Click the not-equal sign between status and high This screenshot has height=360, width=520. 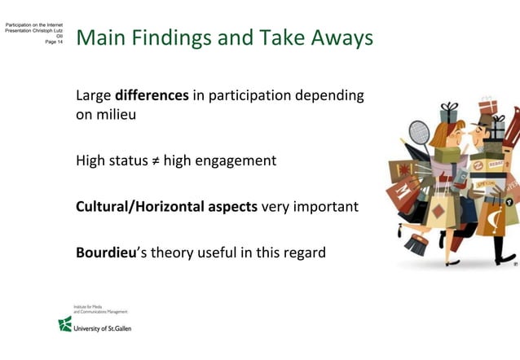[154, 160]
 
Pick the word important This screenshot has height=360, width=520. [326, 207]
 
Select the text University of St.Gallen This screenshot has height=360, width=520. [102, 328]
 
